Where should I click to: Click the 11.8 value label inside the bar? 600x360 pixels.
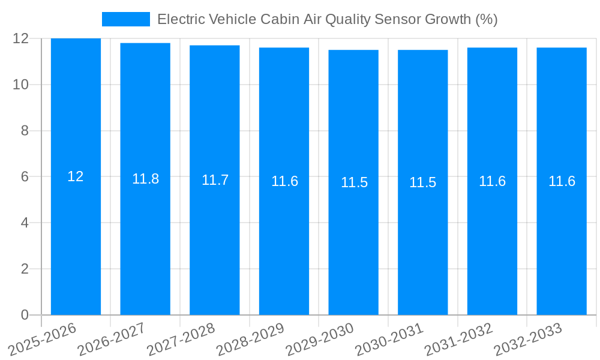pyautogui.click(x=145, y=179)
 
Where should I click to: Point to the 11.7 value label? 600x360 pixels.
pyautogui.click(x=215, y=180)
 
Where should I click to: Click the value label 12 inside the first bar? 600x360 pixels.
pyautogui.click(x=76, y=176)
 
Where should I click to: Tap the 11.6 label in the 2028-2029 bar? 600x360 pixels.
pyautogui.click(x=284, y=181)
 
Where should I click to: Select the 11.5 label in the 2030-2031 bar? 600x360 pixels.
pyautogui.click(x=422, y=182)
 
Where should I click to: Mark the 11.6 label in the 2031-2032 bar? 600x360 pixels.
pyautogui.click(x=492, y=181)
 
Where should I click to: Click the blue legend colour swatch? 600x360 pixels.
pyautogui.click(x=126, y=19)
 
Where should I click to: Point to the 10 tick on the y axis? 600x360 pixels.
pyautogui.click(x=21, y=85)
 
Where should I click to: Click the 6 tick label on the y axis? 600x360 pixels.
pyautogui.click(x=25, y=177)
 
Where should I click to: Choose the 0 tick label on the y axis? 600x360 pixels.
pyautogui.click(x=25, y=315)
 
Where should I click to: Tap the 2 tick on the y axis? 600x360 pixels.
pyautogui.click(x=25, y=269)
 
